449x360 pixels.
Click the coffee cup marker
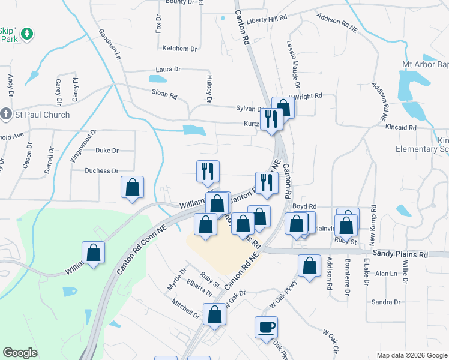click(x=266, y=327)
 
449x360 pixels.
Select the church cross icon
click(x=6, y=114)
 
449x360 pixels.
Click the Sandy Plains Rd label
click(x=400, y=254)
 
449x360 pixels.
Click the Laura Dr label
click(x=167, y=70)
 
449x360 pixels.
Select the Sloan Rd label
click(x=164, y=95)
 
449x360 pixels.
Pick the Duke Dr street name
click(x=107, y=151)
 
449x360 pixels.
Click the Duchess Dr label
click(x=101, y=171)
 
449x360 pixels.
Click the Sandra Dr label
click(x=385, y=302)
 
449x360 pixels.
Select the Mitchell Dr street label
click(x=185, y=310)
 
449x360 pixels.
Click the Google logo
click(x=20, y=353)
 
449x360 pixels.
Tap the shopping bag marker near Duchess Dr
click(x=133, y=187)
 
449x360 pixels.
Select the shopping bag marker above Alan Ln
click(x=309, y=267)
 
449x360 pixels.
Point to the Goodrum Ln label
click(x=110, y=44)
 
